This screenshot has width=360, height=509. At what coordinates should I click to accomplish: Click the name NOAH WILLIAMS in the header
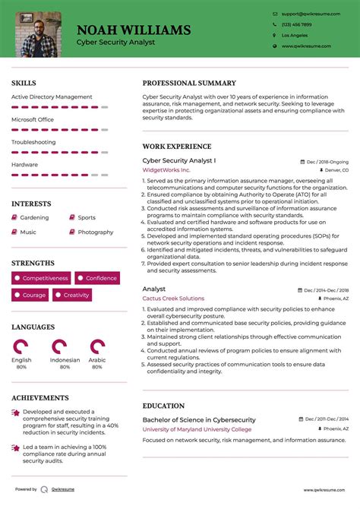(x=133, y=30)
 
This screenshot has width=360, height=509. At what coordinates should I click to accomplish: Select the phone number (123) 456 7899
(x=296, y=24)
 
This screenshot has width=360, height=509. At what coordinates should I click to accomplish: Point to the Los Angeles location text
(x=295, y=36)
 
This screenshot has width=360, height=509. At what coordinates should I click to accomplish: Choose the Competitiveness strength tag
(x=42, y=278)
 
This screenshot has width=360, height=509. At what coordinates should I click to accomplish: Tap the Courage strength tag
(x=30, y=295)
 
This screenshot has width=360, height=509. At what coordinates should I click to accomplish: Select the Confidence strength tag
(x=96, y=278)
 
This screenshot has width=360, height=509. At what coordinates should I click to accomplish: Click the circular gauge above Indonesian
(x=65, y=347)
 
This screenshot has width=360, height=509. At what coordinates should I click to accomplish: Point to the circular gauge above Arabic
(x=97, y=347)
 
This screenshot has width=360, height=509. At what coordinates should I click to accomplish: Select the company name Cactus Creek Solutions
(x=173, y=299)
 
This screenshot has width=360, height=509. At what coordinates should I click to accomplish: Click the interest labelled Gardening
(x=34, y=218)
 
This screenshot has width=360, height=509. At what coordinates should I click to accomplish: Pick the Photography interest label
(x=96, y=232)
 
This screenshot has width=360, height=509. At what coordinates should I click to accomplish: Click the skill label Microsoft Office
(x=33, y=119)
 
